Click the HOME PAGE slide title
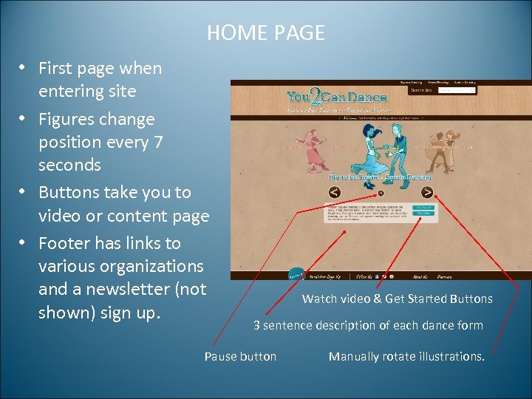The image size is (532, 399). [x=266, y=33]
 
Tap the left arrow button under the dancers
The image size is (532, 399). [x=335, y=192]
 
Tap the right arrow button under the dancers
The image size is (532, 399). [x=427, y=192]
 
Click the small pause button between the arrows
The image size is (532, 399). [x=381, y=194]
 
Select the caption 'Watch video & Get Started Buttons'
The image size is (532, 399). [x=397, y=299]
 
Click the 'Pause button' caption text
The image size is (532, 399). [x=240, y=356]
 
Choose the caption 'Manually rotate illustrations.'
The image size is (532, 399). [x=406, y=356]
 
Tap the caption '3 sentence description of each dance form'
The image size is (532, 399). [x=368, y=325]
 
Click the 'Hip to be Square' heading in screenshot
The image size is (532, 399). [x=352, y=177]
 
